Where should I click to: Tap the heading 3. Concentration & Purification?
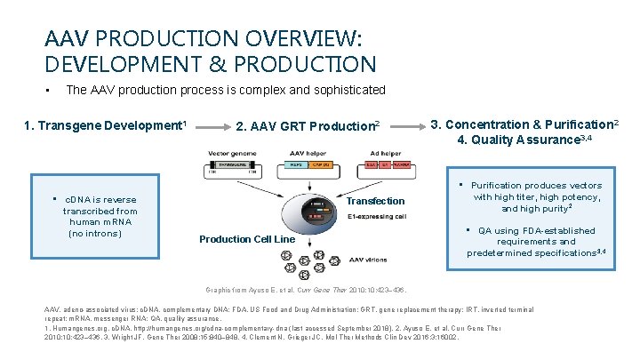[x=524, y=124]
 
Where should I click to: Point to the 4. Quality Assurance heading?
[x=524, y=140]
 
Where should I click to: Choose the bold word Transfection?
[x=375, y=201]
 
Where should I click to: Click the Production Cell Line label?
[x=246, y=239]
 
